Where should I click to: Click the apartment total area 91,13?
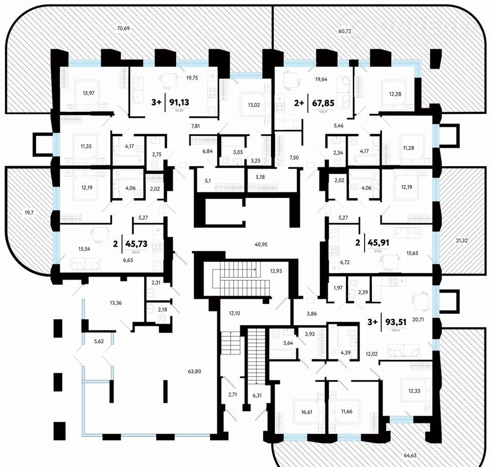click(177, 102)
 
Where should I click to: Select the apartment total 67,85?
click(320, 102)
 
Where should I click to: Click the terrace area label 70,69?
click(123, 28)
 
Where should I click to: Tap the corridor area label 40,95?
click(261, 244)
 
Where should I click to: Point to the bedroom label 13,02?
click(254, 105)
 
